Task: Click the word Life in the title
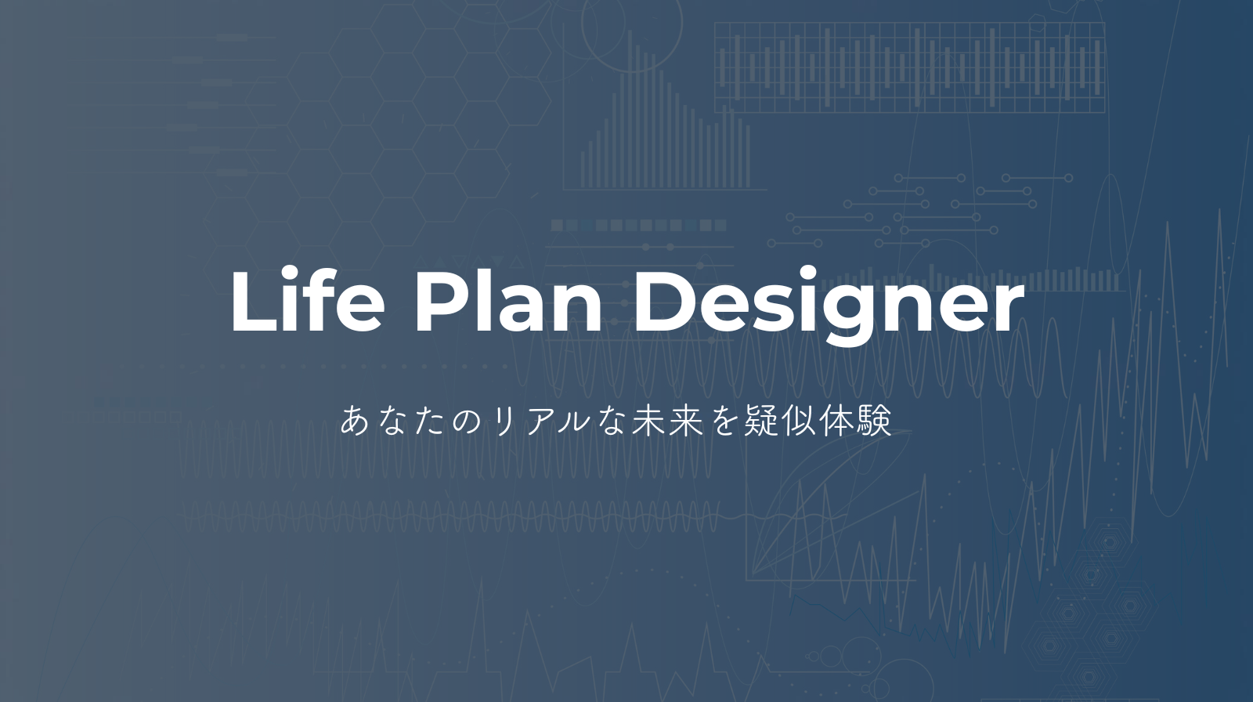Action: [x=308, y=301]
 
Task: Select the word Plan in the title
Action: [x=508, y=301]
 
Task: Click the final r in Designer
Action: [x=1007, y=309]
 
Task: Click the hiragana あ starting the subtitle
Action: [x=354, y=421]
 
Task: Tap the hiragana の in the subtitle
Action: [x=466, y=422]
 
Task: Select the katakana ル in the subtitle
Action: [x=576, y=422]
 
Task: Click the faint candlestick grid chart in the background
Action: [x=909, y=67]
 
